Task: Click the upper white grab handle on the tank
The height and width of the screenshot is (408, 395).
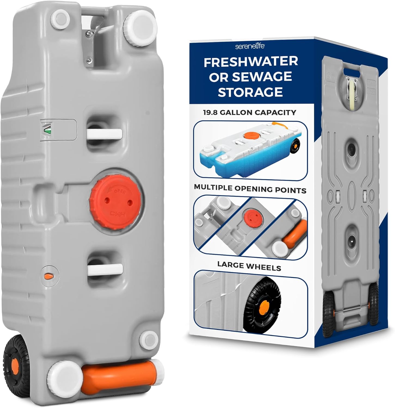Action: pos(105,134)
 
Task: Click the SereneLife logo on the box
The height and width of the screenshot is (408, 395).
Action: pos(250,47)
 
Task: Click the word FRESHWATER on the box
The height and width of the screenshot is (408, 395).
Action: pos(251,62)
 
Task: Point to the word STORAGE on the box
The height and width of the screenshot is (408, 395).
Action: pos(250,92)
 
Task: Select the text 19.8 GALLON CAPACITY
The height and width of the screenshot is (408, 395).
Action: pos(249,112)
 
